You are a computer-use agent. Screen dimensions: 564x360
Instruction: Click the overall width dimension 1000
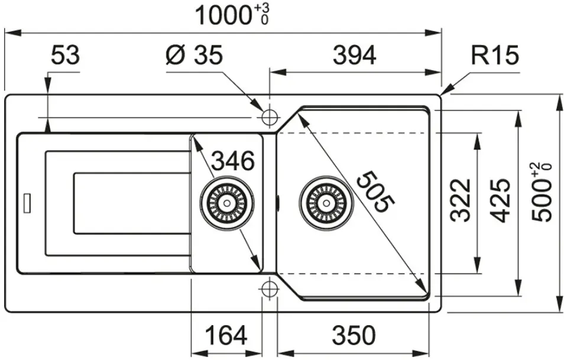pyautogui.click(x=222, y=16)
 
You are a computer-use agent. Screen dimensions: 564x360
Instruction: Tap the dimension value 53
pyautogui.click(x=65, y=55)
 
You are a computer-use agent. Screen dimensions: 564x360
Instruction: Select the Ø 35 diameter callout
pyautogui.click(x=195, y=55)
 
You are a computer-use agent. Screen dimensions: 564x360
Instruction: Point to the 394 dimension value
pyautogui.click(x=354, y=56)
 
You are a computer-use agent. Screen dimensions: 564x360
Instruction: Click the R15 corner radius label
pyautogui.click(x=495, y=55)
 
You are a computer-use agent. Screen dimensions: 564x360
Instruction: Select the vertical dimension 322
pyautogui.click(x=461, y=200)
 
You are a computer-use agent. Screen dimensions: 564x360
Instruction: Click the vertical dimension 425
pyautogui.click(x=500, y=200)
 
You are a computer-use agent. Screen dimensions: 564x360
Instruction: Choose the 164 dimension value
pyautogui.click(x=226, y=335)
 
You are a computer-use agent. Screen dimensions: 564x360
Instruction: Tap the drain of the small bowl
pyautogui.click(x=227, y=203)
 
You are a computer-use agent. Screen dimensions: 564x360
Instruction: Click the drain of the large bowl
pyautogui.click(x=326, y=203)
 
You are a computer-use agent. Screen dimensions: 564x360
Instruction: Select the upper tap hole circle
pyautogui.click(x=270, y=117)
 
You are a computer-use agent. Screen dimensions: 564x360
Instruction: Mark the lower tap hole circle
pyautogui.click(x=270, y=289)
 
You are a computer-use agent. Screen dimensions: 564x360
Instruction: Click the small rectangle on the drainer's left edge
pyautogui.click(x=27, y=203)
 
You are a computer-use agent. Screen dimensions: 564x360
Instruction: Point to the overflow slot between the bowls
pyautogui.click(x=278, y=202)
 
